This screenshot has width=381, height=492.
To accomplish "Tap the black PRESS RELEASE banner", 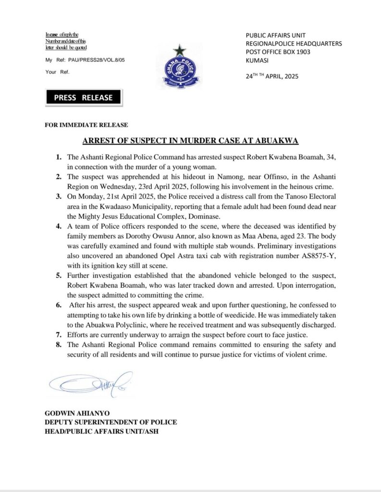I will point(83,98).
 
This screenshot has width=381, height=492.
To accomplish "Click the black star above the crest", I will point(180,49).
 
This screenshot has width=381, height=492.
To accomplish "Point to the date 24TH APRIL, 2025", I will point(272,75).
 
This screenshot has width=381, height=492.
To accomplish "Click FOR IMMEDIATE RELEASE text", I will point(86,125).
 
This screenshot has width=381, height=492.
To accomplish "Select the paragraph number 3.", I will point(58,197).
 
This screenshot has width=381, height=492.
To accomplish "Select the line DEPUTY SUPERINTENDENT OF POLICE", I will point(111,422).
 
